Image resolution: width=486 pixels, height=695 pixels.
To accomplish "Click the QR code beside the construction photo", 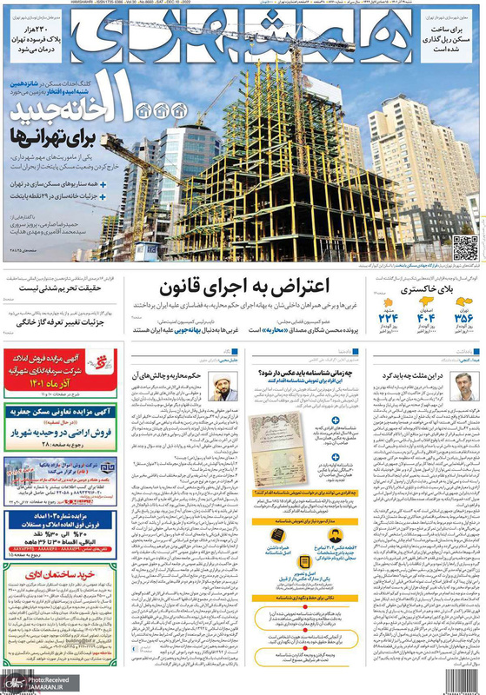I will [464, 248].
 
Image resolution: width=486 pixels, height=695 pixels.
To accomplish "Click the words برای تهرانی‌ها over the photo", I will [53, 136].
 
